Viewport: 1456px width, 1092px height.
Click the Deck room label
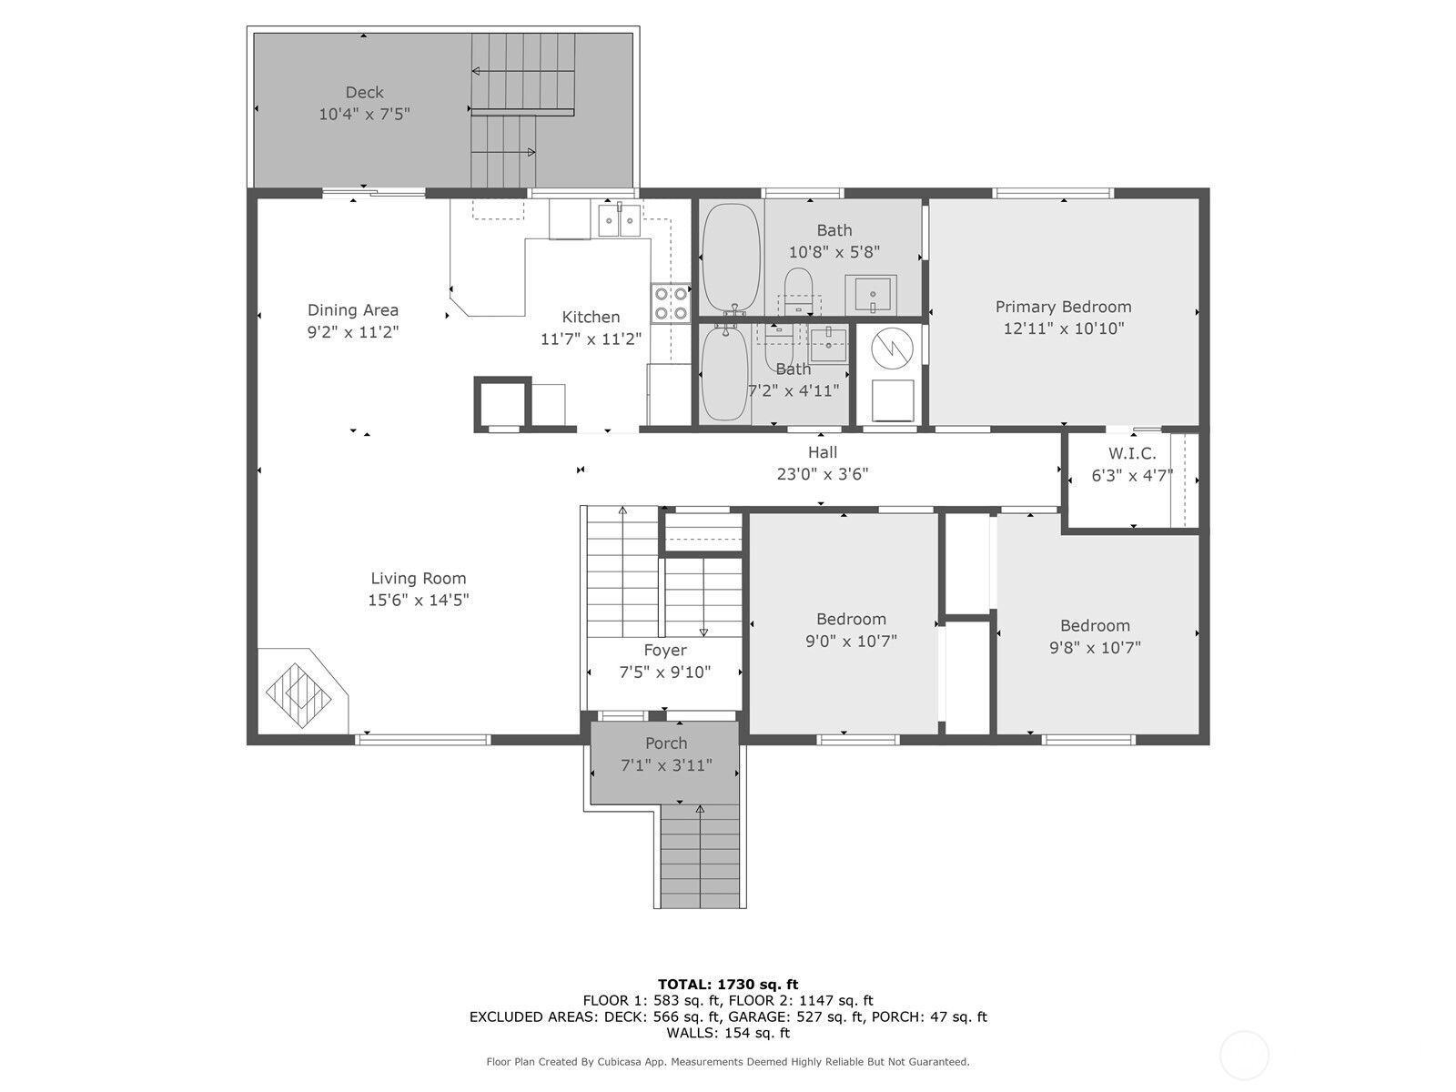point(364,92)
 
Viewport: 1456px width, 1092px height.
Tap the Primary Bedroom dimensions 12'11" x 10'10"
point(1063,329)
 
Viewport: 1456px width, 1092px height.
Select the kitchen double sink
point(620,220)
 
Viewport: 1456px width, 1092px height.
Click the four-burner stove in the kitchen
point(671,303)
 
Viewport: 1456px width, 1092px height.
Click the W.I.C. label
point(1132,453)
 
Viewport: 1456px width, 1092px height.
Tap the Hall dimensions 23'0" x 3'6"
point(822,474)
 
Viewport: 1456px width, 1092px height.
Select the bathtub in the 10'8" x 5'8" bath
point(730,258)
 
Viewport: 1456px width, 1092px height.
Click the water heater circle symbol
point(891,348)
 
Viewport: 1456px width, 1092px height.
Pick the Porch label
point(666,743)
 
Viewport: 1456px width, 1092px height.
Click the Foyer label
point(665,651)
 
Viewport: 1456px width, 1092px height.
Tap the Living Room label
point(418,578)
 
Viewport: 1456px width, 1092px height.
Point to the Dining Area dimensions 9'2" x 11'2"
point(352,332)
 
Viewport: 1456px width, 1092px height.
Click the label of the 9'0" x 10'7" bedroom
point(851,619)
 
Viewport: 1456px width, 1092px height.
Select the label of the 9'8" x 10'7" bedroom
point(1095,626)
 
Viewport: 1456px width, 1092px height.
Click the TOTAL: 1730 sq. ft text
point(727,984)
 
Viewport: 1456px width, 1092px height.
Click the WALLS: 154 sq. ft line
point(727,1033)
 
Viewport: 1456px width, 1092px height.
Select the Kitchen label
point(591,317)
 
